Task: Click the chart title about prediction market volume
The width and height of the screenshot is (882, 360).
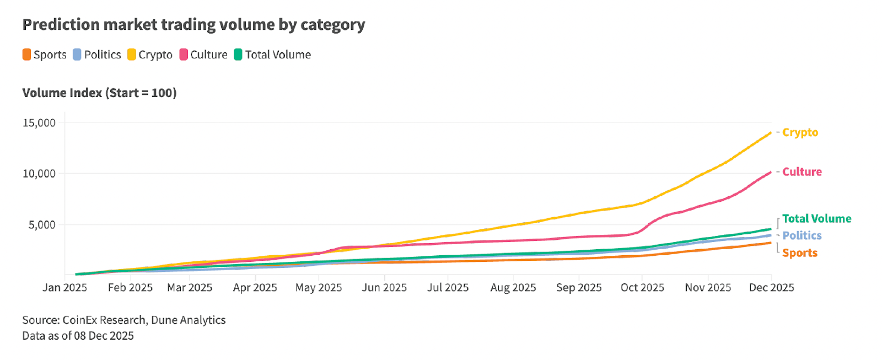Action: click(193, 25)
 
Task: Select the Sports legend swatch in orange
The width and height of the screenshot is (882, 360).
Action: click(26, 55)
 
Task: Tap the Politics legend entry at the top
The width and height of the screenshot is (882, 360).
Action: click(97, 55)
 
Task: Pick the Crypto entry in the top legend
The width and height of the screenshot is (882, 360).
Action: click(150, 55)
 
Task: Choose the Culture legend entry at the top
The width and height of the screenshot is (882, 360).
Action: click(203, 55)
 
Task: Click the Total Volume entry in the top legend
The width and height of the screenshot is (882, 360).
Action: click(273, 55)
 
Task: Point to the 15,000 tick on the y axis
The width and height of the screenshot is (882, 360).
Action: click(39, 123)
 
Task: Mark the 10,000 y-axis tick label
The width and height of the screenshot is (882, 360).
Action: click(39, 174)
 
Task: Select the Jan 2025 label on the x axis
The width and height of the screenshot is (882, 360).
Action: click(64, 288)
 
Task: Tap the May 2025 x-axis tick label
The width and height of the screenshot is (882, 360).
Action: click(319, 288)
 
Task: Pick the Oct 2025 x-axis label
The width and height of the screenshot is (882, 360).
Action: click(642, 288)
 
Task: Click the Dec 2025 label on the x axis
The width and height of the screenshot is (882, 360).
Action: click(771, 288)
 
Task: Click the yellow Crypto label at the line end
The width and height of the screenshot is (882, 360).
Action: click(800, 132)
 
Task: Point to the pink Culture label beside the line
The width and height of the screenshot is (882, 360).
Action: click(802, 172)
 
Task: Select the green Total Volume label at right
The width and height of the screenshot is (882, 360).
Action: click(816, 219)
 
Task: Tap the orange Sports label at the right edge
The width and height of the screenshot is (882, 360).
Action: click(799, 253)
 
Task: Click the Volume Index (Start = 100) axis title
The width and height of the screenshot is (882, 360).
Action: click(99, 93)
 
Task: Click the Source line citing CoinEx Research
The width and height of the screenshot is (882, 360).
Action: click(124, 320)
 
